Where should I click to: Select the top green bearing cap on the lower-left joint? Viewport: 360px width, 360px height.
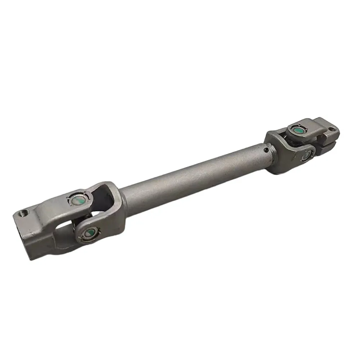pos(76,199)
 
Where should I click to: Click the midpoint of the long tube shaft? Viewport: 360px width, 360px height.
pos(194,176)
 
